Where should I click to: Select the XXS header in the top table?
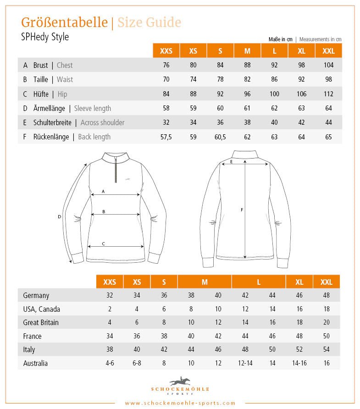[166, 51]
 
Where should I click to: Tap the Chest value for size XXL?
[328, 65]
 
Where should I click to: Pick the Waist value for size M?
[247, 79]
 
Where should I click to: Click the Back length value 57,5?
[166, 137]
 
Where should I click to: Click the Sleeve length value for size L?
[274, 108]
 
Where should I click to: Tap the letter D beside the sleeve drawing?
[59, 216]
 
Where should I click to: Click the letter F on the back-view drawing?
[242, 210]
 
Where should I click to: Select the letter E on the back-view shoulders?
[232, 162]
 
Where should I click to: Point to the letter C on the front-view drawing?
[103, 243]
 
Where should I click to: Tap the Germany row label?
[36, 295]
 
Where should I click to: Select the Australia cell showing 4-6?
[110, 363]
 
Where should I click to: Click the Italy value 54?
[327, 349]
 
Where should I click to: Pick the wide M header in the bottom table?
[205, 282]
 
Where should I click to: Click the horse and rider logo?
[180, 381]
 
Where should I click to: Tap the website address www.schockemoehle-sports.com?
[180, 403]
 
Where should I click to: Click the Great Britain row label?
[41, 322]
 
